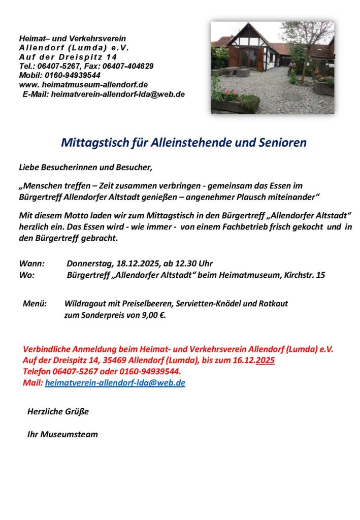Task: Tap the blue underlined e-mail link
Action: [x=115, y=383]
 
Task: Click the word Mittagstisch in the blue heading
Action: [x=89, y=143]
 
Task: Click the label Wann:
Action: [x=31, y=264]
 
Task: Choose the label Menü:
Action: [x=35, y=304]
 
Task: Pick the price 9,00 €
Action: [x=153, y=315]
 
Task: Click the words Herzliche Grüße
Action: [x=58, y=411]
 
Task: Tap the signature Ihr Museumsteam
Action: [x=62, y=434]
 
